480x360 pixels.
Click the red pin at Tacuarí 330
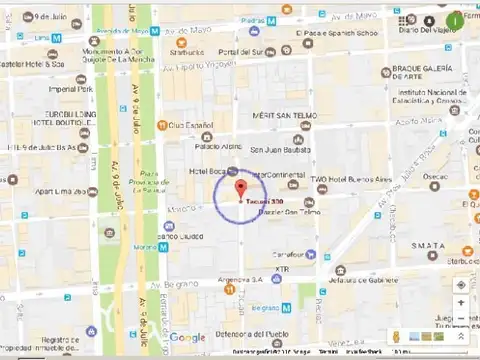(x=241, y=189)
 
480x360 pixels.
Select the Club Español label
(x=191, y=125)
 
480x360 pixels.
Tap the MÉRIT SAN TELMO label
(x=283, y=116)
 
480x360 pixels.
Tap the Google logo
(x=187, y=337)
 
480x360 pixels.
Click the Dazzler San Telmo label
(x=291, y=212)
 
